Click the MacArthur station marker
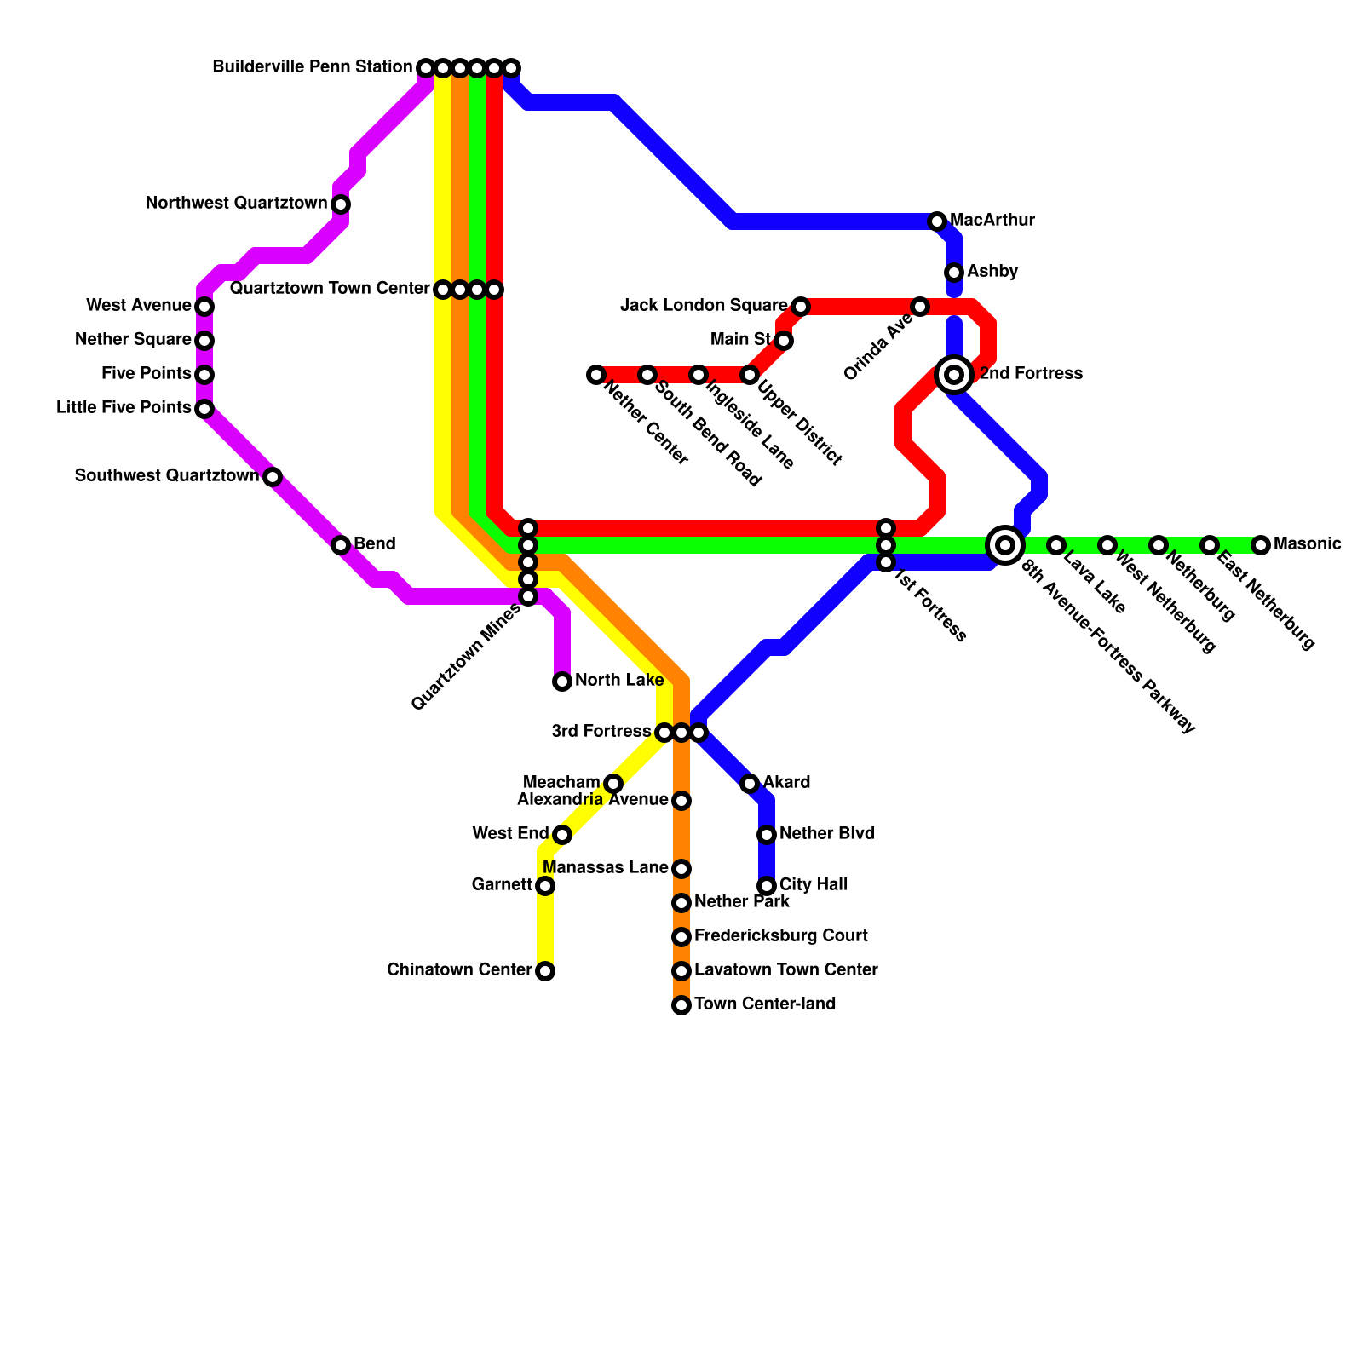coord(937,221)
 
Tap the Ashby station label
coord(992,272)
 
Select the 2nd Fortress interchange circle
coord(954,375)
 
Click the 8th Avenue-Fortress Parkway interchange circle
coord(1005,544)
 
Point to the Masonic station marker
coord(1261,545)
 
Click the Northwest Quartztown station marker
coord(341,204)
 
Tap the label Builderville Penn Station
coord(312,67)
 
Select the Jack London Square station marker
coord(801,306)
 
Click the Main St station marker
coord(784,341)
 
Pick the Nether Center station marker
coord(596,375)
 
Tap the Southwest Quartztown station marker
coord(273,477)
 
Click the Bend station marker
coord(341,545)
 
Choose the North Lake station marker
coord(562,681)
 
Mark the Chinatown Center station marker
coord(545,971)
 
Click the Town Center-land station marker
coord(681,1005)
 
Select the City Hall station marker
coord(767,886)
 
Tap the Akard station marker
coord(750,784)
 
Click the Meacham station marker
coord(613,784)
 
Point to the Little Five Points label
coord(124,408)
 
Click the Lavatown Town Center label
coord(785,970)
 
